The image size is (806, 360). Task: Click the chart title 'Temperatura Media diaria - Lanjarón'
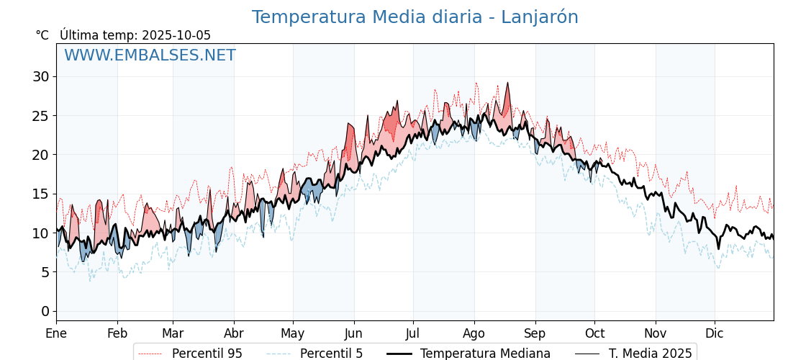click(415, 17)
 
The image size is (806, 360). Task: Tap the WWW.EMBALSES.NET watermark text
click(150, 55)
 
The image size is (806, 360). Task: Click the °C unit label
click(42, 35)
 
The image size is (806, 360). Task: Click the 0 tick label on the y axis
click(45, 311)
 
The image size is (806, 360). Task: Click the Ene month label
click(56, 333)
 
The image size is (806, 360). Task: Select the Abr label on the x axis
click(234, 333)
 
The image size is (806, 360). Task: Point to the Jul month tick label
click(413, 333)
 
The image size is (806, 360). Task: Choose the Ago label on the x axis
click(474, 333)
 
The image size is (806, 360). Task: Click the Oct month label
click(594, 333)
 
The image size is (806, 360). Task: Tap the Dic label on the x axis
click(715, 333)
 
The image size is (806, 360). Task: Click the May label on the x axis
click(293, 333)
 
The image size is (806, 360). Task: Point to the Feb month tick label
click(117, 333)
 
